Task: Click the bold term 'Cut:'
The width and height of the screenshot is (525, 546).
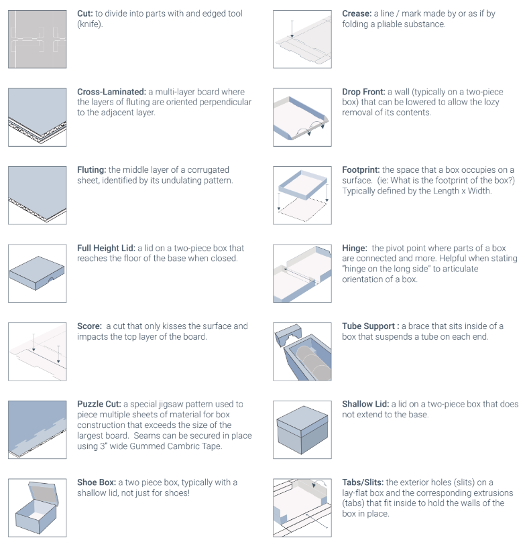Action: (85, 13)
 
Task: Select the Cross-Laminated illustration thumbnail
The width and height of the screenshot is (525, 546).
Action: (38, 117)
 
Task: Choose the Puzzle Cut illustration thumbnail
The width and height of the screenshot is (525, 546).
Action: (38, 429)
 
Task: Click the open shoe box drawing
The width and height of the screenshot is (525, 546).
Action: (38, 508)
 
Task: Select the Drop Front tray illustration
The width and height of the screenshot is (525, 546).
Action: (302, 117)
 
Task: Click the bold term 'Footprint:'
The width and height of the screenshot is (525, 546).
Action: (361, 170)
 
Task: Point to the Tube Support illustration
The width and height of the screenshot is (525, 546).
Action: (302, 351)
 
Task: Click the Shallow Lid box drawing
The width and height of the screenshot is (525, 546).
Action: (302, 429)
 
